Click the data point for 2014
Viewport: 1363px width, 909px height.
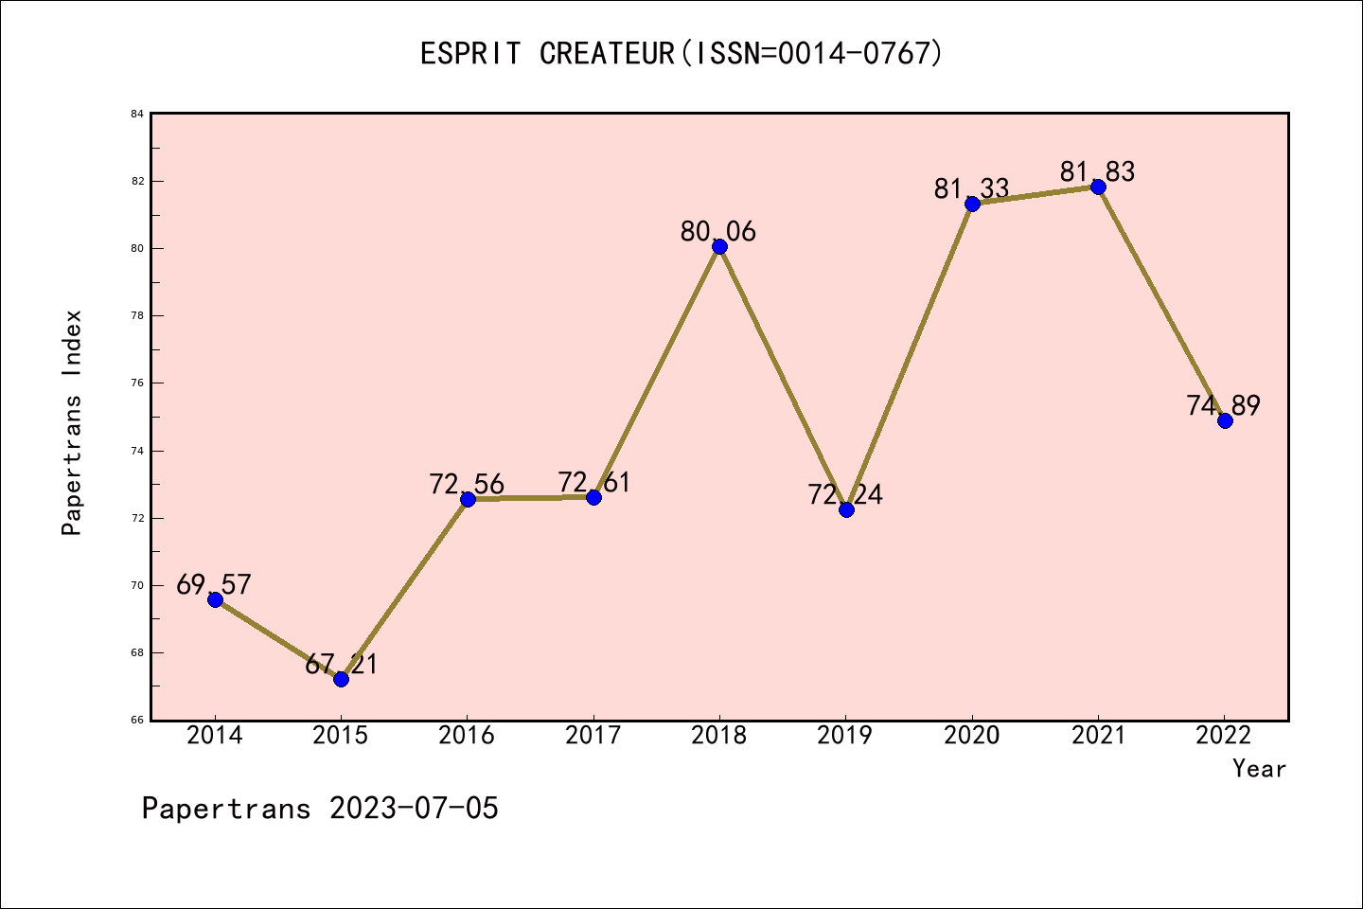pyautogui.click(x=215, y=599)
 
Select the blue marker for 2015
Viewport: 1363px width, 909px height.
pyautogui.click(x=341, y=679)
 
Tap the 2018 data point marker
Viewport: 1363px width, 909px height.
pyautogui.click(x=719, y=247)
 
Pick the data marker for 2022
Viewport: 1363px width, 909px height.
pyautogui.click(x=1225, y=420)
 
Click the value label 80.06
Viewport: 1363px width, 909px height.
pyautogui.click(x=718, y=231)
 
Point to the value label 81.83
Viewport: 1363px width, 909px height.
pyautogui.click(x=1097, y=171)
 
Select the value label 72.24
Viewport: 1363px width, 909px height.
pyautogui.click(x=845, y=494)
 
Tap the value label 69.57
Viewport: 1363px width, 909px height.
pyautogui.click(x=214, y=584)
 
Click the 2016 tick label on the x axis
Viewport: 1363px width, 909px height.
pyautogui.click(x=467, y=735)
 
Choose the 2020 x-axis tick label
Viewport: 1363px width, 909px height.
pyautogui.click(x=972, y=735)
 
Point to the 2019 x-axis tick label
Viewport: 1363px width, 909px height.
pyautogui.click(x=845, y=735)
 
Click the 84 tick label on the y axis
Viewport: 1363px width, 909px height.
pyautogui.click(x=137, y=115)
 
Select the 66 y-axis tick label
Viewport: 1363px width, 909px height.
pyautogui.click(x=137, y=721)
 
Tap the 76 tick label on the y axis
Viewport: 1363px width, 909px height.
pyautogui.click(x=137, y=383)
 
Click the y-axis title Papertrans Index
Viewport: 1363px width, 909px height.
pyautogui.click(x=73, y=422)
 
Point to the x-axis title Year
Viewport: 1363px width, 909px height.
pyautogui.click(x=1259, y=769)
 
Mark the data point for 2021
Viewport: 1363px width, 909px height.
pyautogui.click(x=1098, y=187)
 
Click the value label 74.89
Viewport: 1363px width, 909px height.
pyautogui.click(x=1223, y=405)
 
